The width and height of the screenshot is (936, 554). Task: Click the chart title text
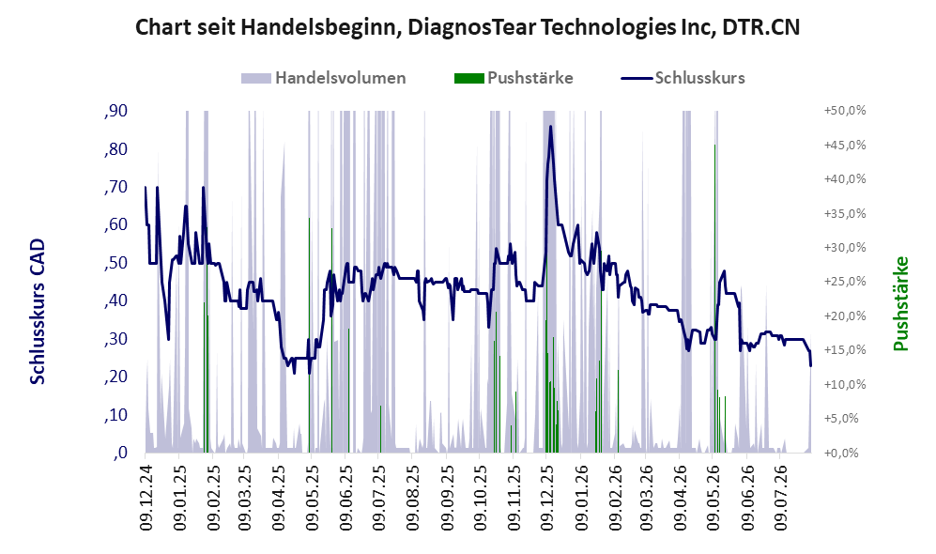468,27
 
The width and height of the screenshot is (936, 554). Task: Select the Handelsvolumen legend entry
324,78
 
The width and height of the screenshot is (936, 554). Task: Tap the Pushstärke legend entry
514,78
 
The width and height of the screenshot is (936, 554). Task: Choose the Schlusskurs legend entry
683,78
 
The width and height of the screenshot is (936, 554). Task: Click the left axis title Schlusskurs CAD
38,311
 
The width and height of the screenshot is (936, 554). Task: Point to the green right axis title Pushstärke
900,303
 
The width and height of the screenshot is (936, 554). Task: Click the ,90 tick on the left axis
115,111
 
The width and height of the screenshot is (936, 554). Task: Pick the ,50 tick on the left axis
115,263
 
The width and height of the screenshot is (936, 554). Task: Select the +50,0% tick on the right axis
845,111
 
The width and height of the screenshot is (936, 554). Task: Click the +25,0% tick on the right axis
845,282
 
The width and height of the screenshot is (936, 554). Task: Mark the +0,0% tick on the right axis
842,454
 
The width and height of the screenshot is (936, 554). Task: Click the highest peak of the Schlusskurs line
550,126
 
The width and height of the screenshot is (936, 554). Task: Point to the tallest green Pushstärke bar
714,299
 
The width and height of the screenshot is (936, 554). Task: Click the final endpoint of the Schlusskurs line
810,365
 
